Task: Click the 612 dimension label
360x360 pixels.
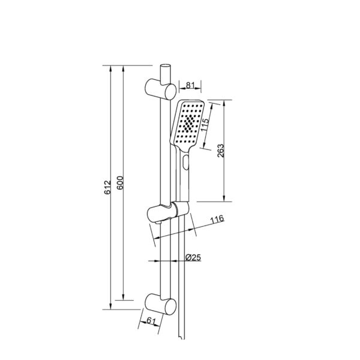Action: (x=107, y=188)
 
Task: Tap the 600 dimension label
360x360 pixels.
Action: (x=120, y=183)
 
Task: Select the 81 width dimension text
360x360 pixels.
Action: (x=190, y=85)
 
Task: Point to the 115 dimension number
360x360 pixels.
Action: (x=205, y=125)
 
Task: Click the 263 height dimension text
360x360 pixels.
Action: (x=221, y=151)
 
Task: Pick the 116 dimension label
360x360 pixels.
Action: (x=217, y=219)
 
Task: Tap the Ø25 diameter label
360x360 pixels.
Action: (x=193, y=257)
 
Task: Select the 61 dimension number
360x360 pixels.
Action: (x=151, y=320)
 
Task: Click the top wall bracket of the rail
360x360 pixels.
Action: (x=160, y=89)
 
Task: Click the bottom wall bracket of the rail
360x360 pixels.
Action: (x=160, y=304)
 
